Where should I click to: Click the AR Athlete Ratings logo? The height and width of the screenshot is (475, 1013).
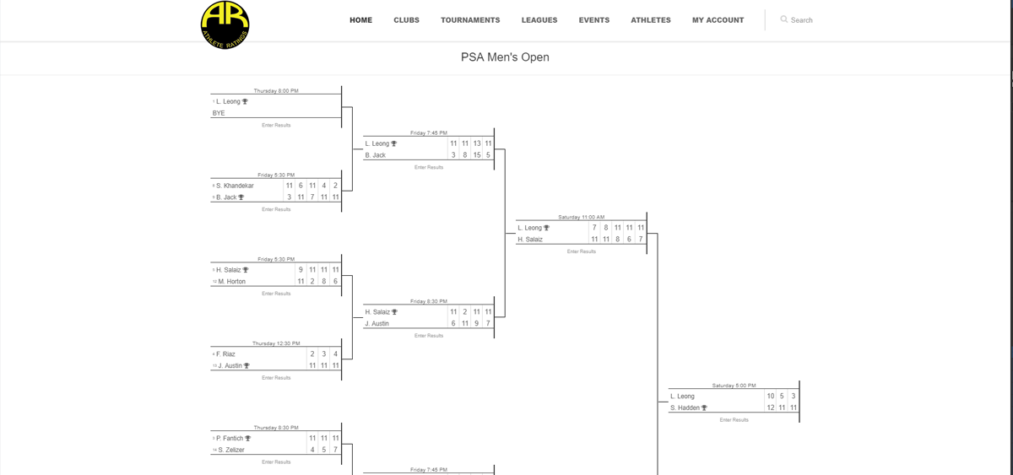(225, 24)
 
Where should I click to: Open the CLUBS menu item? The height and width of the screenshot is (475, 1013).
(406, 20)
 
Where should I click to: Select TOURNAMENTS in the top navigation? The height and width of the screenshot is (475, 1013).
(470, 20)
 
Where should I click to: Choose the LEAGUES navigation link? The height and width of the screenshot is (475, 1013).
(539, 20)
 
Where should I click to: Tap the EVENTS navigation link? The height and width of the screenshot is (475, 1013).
(594, 20)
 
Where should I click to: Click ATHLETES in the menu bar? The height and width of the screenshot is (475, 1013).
(651, 20)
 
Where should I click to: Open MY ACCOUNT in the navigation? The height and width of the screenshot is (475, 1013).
(718, 20)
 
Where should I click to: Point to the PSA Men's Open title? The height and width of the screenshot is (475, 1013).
(505, 57)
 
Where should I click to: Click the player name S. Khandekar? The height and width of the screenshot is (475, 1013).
(236, 186)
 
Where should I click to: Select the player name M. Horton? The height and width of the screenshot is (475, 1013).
(232, 282)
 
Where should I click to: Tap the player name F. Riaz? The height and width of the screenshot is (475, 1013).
(226, 354)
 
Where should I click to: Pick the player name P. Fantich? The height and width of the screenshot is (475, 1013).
(230, 439)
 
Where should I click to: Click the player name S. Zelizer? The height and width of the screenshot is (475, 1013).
(232, 451)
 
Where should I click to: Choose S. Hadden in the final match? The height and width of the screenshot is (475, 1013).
(687, 408)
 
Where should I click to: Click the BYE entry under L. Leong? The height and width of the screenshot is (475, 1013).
(219, 113)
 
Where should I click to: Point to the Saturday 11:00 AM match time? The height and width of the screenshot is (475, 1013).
(581, 218)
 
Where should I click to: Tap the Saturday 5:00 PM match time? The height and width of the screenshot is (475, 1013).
(734, 386)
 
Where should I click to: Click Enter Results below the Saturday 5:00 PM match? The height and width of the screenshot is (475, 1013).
(734, 420)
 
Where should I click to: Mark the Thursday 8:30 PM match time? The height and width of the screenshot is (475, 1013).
(276, 428)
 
